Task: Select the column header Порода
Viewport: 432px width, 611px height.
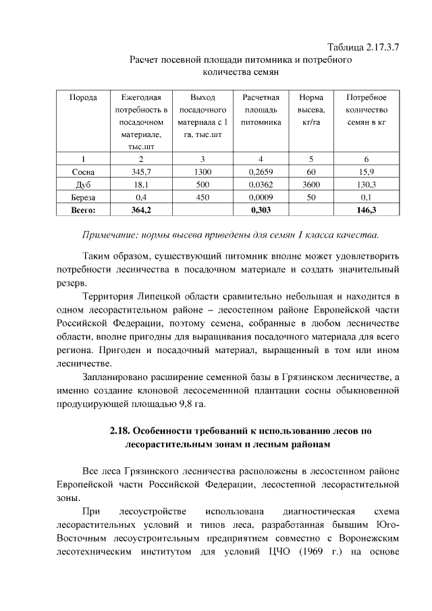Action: (84, 98)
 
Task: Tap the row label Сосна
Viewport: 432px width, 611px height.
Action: (84, 171)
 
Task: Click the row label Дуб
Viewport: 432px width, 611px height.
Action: (84, 184)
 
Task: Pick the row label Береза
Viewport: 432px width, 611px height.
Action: (84, 197)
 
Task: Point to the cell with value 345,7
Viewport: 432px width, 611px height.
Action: (141, 171)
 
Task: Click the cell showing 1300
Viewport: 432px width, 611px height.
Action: (202, 171)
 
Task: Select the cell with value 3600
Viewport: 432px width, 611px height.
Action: (310, 184)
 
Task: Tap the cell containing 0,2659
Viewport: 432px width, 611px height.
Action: (260, 171)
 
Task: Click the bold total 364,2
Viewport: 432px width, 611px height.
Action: (141, 210)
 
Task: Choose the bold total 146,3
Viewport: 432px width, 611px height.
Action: (366, 210)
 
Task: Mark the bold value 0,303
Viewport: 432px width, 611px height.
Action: (260, 210)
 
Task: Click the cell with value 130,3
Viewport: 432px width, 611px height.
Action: (366, 184)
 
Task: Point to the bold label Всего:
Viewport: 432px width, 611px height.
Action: (84, 210)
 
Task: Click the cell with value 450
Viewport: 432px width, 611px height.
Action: (202, 197)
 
